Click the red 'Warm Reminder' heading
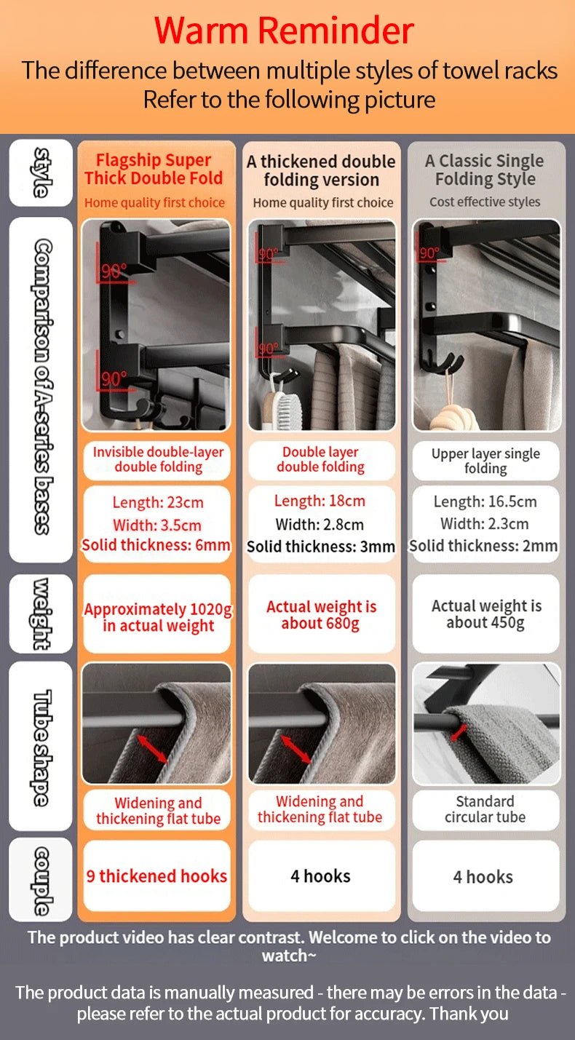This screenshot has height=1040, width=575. (x=284, y=30)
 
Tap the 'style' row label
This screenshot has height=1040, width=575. (x=41, y=172)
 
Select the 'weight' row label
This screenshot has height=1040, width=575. (x=41, y=614)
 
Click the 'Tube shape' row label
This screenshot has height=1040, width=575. (x=41, y=747)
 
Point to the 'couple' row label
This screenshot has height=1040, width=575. (x=41, y=881)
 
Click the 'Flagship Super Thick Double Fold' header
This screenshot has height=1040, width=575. (x=154, y=169)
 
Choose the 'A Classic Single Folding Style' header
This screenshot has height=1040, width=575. (x=485, y=170)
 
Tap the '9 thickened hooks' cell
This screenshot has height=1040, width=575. (x=157, y=876)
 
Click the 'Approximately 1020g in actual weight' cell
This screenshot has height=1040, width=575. (x=157, y=614)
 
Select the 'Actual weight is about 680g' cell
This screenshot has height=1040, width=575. (x=322, y=614)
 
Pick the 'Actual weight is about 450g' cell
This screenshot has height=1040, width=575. (x=485, y=614)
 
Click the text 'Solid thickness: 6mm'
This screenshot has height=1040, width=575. (x=156, y=544)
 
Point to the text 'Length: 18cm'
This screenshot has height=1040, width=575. (x=320, y=501)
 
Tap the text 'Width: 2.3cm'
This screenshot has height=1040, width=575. (x=485, y=524)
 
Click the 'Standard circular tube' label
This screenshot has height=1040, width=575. (x=485, y=809)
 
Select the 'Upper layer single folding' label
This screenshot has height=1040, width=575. (x=485, y=461)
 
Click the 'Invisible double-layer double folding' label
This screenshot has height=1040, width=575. (x=158, y=459)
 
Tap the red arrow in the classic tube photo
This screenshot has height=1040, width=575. (x=459, y=732)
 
